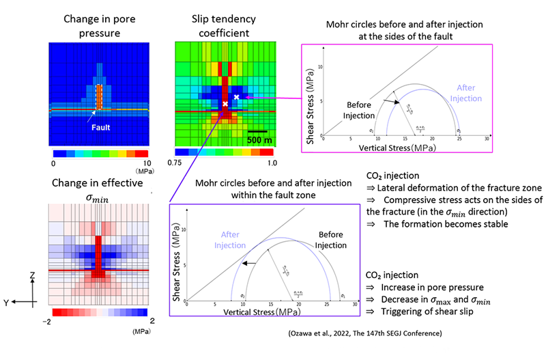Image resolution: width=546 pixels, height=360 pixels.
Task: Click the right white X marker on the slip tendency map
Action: [x=237, y=97]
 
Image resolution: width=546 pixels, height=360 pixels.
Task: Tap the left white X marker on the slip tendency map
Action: [x=225, y=105]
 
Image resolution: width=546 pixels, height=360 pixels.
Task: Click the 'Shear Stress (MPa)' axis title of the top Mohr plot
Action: [x=311, y=105]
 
